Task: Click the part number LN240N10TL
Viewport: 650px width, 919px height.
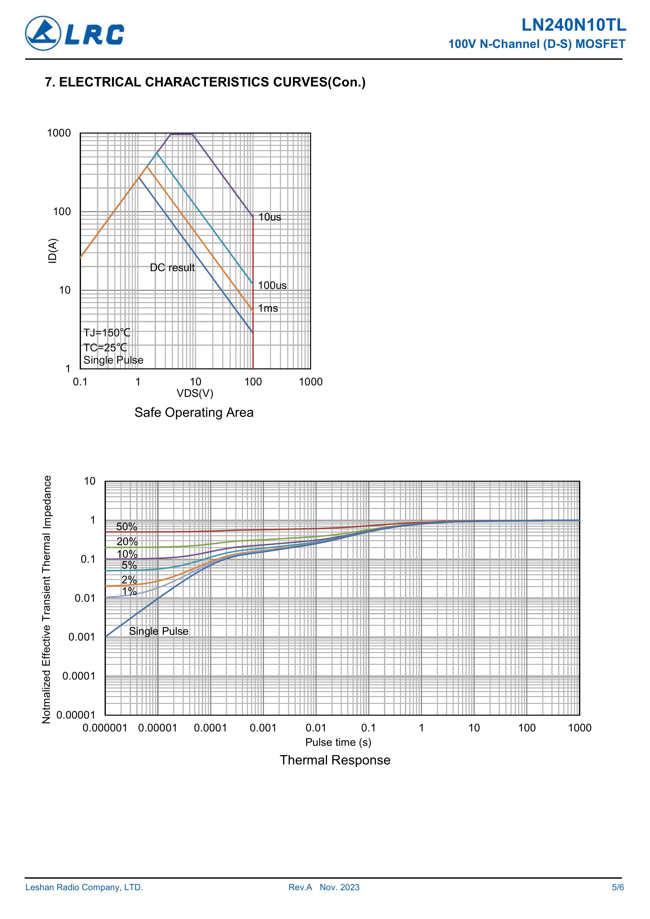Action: click(573, 26)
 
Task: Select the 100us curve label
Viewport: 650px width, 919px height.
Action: click(272, 285)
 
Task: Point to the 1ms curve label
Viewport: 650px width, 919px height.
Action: click(268, 308)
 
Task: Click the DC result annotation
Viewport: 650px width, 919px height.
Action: click(172, 267)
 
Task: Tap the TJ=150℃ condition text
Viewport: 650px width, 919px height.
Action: click(106, 333)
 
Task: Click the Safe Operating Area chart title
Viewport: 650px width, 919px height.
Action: click(194, 412)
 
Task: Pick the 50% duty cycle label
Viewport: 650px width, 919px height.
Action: click(127, 527)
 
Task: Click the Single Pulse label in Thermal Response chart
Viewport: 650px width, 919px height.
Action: click(159, 631)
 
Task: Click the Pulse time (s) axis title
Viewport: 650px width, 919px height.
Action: click(338, 742)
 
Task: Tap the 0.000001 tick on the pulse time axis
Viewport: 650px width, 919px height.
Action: click(105, 728)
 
